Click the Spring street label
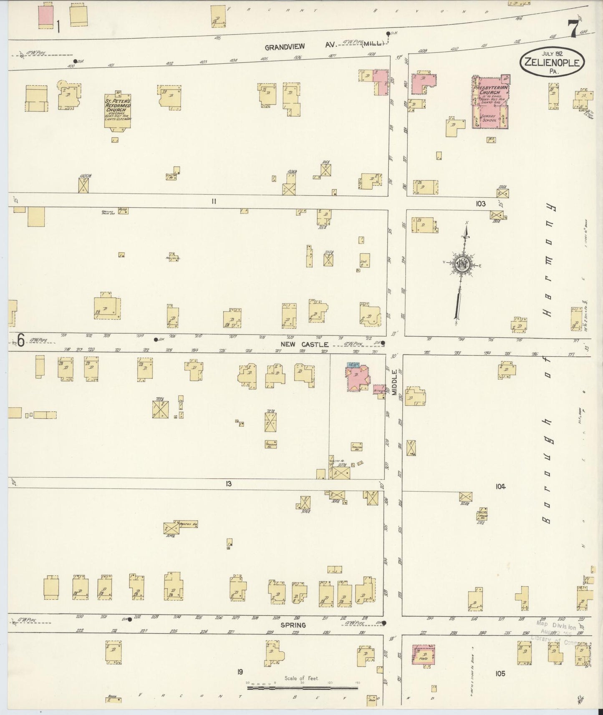[293, 625]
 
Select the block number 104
[500, 486]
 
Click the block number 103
[480, 204]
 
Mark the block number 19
[240, 672]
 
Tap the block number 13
[228, 484]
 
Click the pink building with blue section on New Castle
[356, 377]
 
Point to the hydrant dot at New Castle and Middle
[383, 343]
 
